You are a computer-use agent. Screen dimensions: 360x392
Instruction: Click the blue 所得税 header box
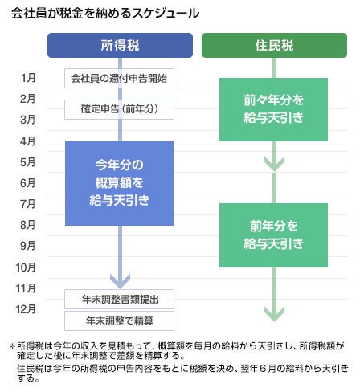[120, 45]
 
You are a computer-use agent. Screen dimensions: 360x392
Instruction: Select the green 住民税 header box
[274, 45]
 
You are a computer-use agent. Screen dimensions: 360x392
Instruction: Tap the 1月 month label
[28, 78]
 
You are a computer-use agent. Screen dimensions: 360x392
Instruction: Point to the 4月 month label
[27, 141]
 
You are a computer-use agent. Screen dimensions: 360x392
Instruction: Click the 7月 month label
[27, 204]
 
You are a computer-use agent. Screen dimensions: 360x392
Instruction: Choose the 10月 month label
[26, 267]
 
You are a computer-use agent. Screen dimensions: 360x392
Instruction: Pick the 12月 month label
[26, 309]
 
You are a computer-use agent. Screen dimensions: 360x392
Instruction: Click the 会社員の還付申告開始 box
[119, 78]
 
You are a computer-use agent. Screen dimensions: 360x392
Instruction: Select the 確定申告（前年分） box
[119, 109]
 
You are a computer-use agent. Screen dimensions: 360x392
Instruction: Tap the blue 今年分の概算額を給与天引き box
[119, 183]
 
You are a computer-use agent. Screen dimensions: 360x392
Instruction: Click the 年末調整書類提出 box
[119, 299]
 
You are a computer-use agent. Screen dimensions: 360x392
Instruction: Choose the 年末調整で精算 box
[119, 321]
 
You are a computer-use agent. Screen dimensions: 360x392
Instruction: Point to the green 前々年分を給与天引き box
[273, 109]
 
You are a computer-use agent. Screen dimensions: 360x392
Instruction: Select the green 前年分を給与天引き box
[273, 235]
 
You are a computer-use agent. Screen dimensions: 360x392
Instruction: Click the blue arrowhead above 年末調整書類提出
[120, 282]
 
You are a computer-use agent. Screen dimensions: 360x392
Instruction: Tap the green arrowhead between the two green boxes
[274, 164]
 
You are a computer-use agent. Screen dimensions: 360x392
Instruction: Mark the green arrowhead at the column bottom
[274, 314]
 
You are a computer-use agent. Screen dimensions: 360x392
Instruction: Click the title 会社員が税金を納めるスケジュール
[105, 14]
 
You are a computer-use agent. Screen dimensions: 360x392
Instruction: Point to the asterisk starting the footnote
[12, 346]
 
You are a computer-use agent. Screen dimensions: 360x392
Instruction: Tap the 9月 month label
[27, 246]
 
